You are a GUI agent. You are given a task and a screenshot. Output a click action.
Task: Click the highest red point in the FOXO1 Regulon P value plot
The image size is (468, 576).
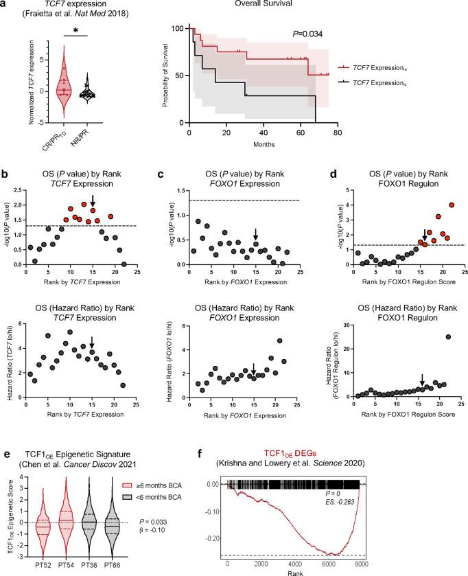(451, 205)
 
